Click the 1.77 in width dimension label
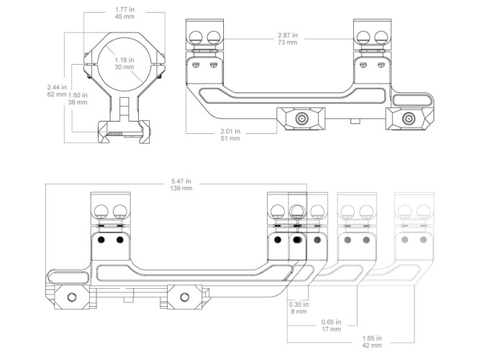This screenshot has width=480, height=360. click(x=124, y=13)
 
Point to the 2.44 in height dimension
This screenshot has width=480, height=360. click(x=57, y=91)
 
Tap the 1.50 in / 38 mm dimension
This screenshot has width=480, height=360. click(x=78, y=99)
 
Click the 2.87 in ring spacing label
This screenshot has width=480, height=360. click(x=287, y=39)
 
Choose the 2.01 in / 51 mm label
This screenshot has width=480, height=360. click(x=230, y=135)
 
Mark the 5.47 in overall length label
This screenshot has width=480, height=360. click(x=181, y=184)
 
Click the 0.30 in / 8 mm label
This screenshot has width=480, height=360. click(x=299, y=308)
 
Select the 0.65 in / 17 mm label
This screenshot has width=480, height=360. click(x=331, y=325)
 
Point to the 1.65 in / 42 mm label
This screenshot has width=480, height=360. click(x=372, y=341)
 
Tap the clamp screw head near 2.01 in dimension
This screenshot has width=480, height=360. click(x=302, y=118)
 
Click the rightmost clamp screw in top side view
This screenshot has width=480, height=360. click(x=408, y=118)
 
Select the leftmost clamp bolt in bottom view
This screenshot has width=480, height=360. click(x=72, y=297)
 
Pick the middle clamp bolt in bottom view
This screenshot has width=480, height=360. click(x=184, y=297)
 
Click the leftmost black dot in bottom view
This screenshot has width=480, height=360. click(x=101, y=240)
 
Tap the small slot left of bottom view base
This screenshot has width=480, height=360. click(x=68, y=277)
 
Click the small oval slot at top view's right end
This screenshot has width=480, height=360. click(x=412, y=100)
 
